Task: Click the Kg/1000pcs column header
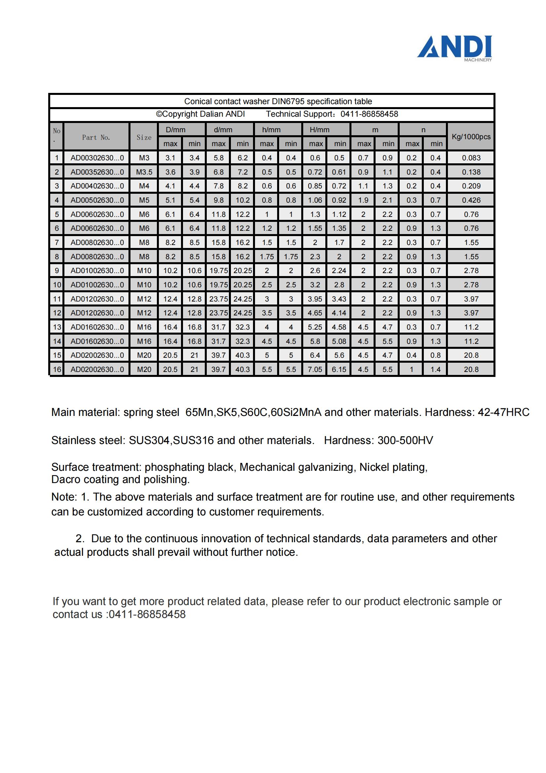471,137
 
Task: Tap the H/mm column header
319,130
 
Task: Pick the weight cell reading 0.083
471,158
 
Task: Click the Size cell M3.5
144,172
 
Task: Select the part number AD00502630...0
97,200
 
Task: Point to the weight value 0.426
471,200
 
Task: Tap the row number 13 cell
57,327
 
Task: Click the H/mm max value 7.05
315,370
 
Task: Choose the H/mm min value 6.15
339,370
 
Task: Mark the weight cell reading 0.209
471,186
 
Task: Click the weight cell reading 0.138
471,172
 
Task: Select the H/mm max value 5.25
315,327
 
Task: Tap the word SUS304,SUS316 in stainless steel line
171,440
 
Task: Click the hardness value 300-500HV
405,440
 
